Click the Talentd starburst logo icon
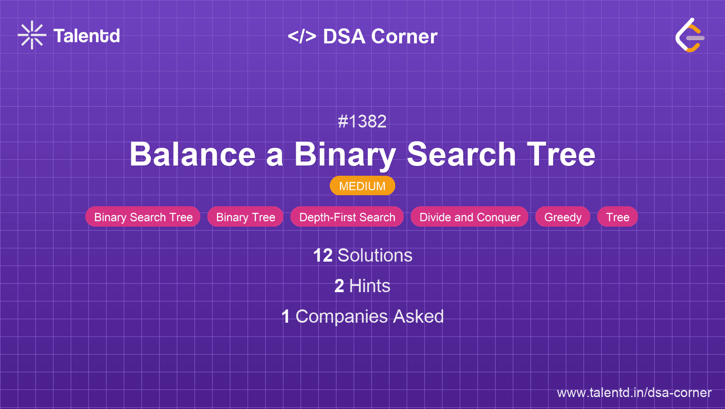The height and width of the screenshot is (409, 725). click(32, 35)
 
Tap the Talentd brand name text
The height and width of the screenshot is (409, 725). click(87, 36)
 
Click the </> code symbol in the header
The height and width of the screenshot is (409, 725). click(302, 36)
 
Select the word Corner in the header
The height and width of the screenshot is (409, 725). click(404, 36)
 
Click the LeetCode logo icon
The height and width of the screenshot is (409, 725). click(690, 35)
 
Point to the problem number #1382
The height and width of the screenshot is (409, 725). click(362, 122)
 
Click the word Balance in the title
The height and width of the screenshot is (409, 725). click(193, 154)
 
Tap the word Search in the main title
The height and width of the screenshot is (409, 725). click(461, 154)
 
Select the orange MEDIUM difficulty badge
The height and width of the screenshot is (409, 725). click(362, 186)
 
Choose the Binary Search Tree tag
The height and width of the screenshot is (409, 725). click(143, 217)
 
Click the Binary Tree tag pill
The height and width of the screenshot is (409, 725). click(245, 217)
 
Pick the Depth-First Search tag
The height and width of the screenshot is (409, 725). click(347, 217)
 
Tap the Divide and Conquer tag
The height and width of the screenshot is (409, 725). click(469, 217)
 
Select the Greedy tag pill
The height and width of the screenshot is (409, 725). click(562, 217)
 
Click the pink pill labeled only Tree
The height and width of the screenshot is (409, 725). click(618, 217)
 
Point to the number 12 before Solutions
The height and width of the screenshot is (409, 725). click(323, 255)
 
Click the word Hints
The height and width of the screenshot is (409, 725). click(370, 286)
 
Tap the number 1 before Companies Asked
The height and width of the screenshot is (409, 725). click(286, 316)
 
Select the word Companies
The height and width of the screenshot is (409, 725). click(341, 316)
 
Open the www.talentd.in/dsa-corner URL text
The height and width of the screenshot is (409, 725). click(634, 393)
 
